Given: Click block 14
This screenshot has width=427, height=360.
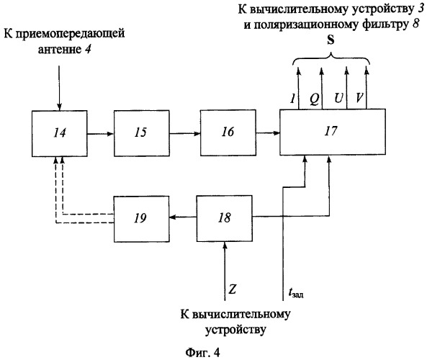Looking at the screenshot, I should click(x=58, y=133).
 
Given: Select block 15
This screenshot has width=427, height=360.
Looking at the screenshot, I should click(x=143, y=133).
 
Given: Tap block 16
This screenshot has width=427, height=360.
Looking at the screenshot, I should click(x=227, y=133).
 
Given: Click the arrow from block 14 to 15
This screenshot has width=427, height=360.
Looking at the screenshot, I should click(x=100, y=133).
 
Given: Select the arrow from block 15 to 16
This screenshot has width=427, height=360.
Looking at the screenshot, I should click(x=184, y=133).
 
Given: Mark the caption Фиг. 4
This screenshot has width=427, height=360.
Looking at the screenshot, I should click(x=212, y=351).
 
